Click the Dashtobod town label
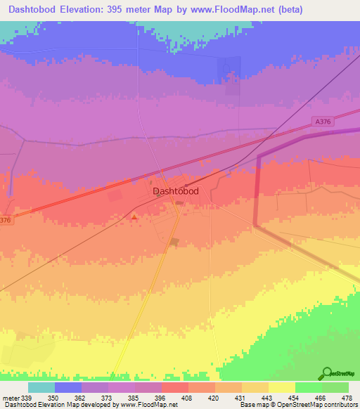tap(175, 191)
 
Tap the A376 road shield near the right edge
tap(323, 122)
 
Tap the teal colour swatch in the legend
tap(41, 387)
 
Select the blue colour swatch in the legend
tap(68, 387)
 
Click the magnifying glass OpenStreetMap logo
tap(327, 373)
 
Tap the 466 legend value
tap(321, 398)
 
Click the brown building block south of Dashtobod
tap(174, 243)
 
